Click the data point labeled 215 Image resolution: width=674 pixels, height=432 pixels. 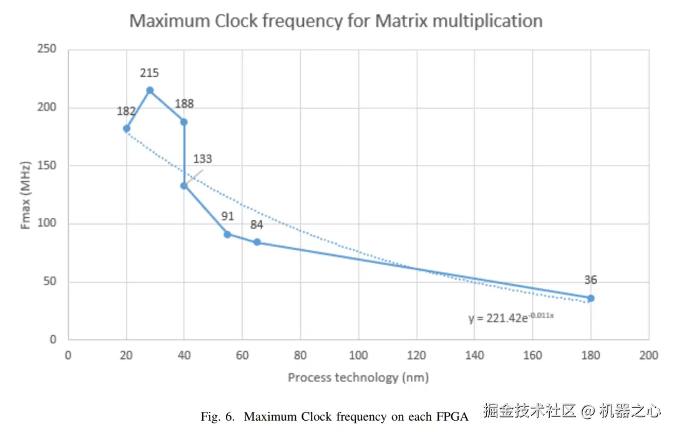click(x=150, y=91)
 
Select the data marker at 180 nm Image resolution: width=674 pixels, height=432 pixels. click(x=590, y=298)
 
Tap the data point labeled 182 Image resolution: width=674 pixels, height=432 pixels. click(x=127, y=129)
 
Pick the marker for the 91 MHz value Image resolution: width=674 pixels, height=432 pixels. click(x=227, y=234)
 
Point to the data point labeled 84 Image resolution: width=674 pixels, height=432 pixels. click(x=256, y=242)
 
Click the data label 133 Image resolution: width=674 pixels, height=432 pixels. click(x=203, y=159)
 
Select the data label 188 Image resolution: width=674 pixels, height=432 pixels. click(x=184, y=104)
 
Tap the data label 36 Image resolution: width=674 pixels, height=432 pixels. click(x=590, y=280)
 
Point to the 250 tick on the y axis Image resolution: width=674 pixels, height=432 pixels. click(x=47, y=49)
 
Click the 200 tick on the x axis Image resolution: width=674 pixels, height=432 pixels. click(x=648, y=355)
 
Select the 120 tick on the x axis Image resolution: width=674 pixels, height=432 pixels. click(x=416, y=355)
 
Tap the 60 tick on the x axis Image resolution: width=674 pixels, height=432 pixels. click(x=242, y=355)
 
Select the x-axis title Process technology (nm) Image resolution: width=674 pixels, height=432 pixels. click(x=358, y=378)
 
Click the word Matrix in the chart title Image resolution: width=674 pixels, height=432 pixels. click(x=402, y=21)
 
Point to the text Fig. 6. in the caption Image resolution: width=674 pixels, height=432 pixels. click(x=218, y=416)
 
